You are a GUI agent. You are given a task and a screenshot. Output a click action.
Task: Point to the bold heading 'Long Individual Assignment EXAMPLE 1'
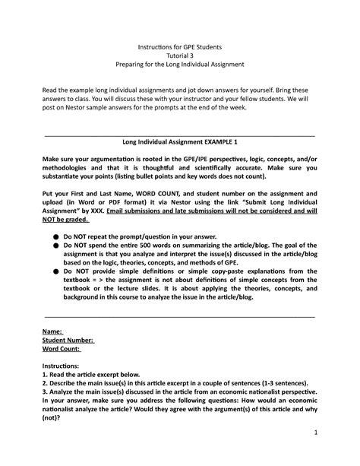pos(180,141)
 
